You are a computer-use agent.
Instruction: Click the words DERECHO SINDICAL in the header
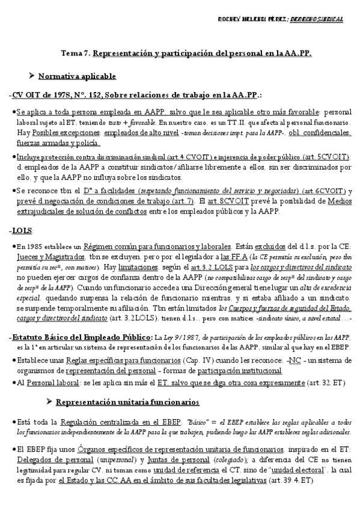[316, 20]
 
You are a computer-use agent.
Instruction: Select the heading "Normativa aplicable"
[78, 77]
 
